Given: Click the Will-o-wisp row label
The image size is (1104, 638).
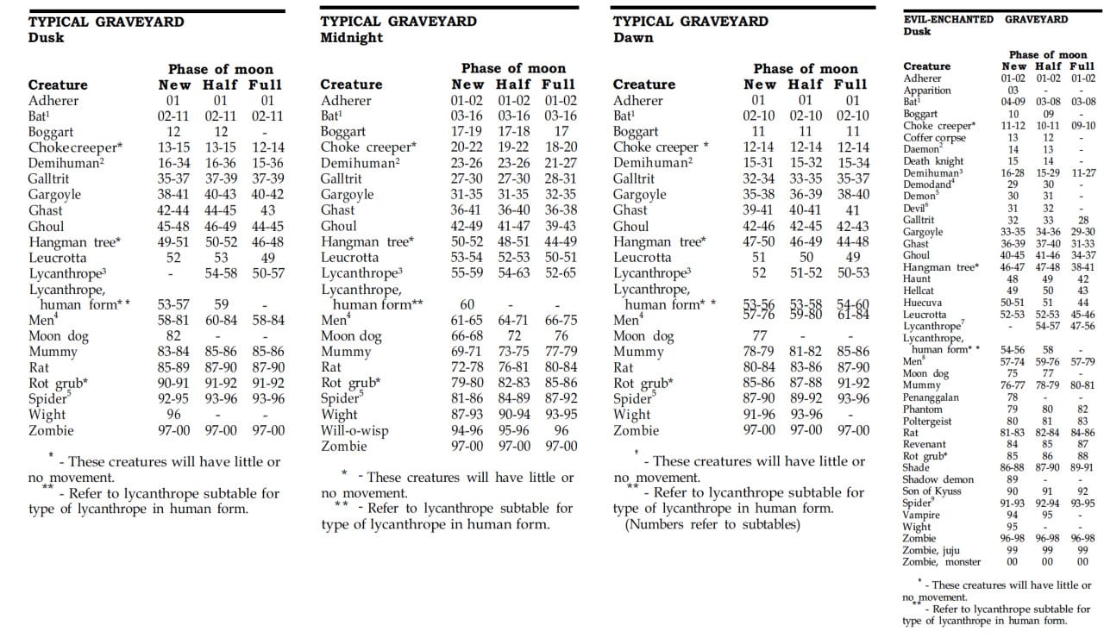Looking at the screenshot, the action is coord(354,430).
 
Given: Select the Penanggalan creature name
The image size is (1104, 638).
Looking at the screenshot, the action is coord(931,397).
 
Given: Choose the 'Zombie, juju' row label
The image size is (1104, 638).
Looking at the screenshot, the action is coord(931,550).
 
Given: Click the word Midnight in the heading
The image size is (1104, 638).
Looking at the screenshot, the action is coord(351,37).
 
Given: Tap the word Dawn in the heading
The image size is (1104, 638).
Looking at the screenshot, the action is coord(633,37).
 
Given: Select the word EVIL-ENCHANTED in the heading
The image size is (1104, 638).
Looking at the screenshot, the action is coord(948,19).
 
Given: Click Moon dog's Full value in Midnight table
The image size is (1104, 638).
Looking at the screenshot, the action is coord(561,335).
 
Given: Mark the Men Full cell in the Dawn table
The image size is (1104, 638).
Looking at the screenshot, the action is coord(853,315).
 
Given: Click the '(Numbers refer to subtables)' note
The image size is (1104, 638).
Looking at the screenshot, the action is coord(712,524).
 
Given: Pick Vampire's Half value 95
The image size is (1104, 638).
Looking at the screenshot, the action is coord(1047,515).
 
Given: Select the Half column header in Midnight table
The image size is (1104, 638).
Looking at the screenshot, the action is coord(513,84).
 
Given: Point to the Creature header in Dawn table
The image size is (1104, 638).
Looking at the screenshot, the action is coord(643,84).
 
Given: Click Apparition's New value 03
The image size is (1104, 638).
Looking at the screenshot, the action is coord(1013,91).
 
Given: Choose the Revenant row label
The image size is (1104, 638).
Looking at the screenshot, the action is coord(924,444).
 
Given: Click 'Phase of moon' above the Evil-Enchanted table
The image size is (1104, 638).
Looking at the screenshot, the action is coord(1048,54).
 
